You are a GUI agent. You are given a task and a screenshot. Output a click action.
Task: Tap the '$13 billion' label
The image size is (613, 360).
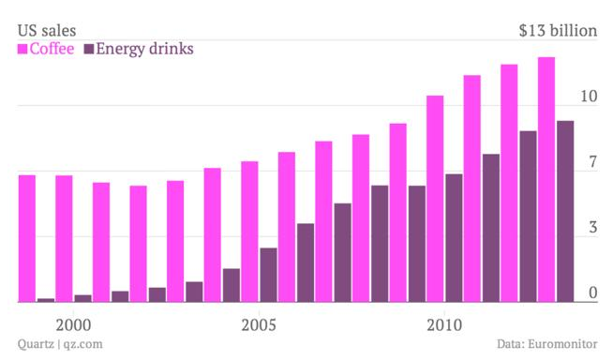coord(558,31)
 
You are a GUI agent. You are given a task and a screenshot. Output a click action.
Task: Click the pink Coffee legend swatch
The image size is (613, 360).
coord(23,49)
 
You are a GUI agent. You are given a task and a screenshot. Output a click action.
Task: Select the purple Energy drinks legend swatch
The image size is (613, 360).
coord(89,49)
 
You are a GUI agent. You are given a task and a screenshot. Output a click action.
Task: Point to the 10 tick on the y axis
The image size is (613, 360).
coord(588,97)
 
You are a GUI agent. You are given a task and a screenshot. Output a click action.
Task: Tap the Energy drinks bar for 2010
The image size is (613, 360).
coord(454,238)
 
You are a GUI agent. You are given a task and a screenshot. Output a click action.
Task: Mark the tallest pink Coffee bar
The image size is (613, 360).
coord(546,179)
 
